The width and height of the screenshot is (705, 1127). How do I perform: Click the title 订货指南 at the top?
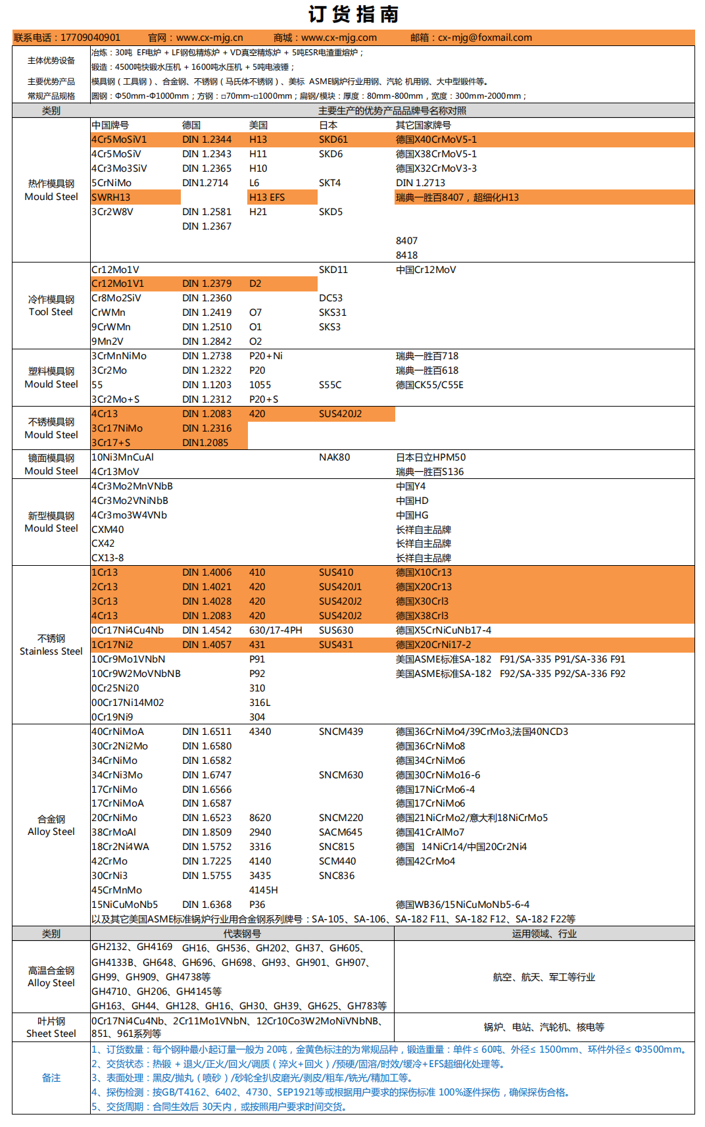353,14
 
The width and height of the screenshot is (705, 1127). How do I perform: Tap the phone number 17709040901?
90,38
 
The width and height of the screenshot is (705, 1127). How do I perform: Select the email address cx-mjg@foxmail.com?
485,38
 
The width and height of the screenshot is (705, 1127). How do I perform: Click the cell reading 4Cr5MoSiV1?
119,139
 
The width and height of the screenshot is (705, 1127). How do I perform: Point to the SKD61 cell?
333,139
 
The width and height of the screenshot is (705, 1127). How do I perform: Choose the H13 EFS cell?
266,197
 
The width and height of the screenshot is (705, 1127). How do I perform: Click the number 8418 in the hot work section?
406,255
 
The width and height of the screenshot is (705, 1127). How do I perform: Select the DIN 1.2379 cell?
207,284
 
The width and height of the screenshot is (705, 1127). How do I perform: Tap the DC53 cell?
330,298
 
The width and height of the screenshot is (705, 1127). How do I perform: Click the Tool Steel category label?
51,312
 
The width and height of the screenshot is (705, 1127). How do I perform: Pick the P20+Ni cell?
266,356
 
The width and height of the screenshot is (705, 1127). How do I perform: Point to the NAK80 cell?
334,457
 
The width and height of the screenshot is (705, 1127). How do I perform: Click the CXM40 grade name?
107,530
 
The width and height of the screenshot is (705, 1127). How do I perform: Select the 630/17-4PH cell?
276,630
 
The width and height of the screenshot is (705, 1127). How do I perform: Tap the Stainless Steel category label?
51,651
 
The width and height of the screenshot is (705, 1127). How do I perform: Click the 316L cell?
260,703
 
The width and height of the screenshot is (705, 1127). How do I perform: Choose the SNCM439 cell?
341,732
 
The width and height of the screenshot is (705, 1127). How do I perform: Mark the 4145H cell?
263,890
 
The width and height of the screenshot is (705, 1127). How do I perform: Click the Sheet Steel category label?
51,1034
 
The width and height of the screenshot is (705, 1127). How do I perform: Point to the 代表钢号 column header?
242,934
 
